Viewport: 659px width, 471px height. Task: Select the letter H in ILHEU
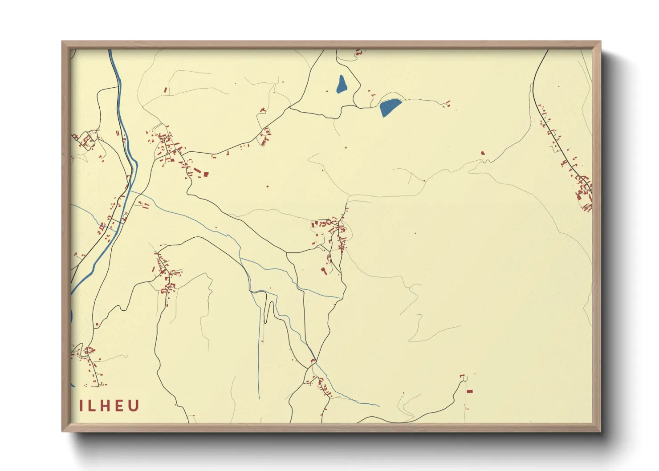click(x=105, y=406)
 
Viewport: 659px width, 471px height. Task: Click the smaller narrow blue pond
click(x=342, y=84)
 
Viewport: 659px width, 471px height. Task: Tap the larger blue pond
click(x=390, y=107)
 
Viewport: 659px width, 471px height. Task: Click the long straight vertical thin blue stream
click(x=259, y=347)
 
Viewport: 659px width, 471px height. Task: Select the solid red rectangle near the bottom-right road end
click(x=469, y=391)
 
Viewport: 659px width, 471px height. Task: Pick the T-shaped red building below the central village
click(x=325, y=271)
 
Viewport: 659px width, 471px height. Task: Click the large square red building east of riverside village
click(x=206, y=174)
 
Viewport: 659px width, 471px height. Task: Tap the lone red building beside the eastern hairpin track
click(x=483, y=153)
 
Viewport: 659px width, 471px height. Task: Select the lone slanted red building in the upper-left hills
click(x=166, y=90)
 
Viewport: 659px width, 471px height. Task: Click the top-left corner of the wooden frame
click(x=62, y=42)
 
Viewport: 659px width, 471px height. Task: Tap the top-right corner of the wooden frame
click(x=600, y=42)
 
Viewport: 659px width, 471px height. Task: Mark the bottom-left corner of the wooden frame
click(x=62, y=431)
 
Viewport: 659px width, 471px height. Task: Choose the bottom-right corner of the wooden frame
click(x=600, y=431)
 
